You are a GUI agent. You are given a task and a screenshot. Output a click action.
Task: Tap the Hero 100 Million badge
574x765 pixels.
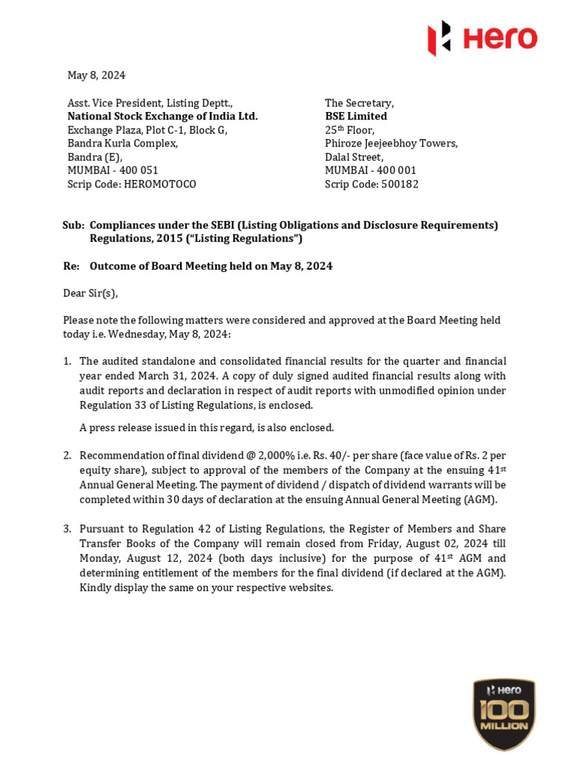point(504,714)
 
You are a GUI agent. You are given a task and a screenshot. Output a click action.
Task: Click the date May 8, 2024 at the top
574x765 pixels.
point(96,75)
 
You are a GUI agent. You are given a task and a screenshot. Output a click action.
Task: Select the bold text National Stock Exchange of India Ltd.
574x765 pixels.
point(162,117)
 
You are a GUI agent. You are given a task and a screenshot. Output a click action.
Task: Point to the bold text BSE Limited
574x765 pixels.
point(356,117)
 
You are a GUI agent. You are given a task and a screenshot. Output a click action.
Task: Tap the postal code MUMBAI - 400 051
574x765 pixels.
point(113,170)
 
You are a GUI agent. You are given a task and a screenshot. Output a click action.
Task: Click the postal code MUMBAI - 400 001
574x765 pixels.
point(370,170)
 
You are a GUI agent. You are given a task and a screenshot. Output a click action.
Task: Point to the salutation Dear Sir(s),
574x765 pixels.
point(90,293)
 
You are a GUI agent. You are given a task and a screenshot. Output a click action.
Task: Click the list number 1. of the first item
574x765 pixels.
point(67,362)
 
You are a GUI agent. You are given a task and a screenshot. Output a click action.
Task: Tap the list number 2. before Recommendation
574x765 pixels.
point(67,456)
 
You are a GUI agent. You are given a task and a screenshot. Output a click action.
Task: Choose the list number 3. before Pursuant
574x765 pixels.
point(67,529)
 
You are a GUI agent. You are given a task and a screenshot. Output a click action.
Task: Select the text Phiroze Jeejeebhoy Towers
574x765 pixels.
point(391,143)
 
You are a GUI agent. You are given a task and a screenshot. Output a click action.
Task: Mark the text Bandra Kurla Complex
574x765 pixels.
point(123,143)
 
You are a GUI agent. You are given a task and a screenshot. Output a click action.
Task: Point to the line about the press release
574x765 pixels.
point(206,428)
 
